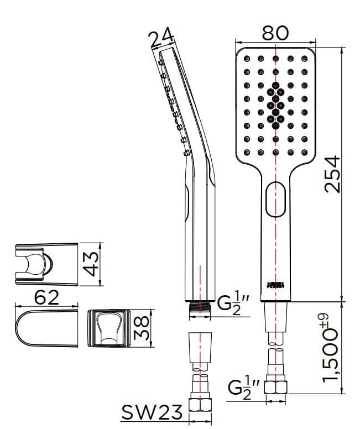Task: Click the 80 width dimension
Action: tap(275, 33)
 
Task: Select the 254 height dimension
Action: tap(332, 174)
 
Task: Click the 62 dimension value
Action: tap(47, 298)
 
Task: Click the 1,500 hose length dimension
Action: tap(332, 347)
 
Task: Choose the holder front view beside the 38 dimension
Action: tap(108, 329)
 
